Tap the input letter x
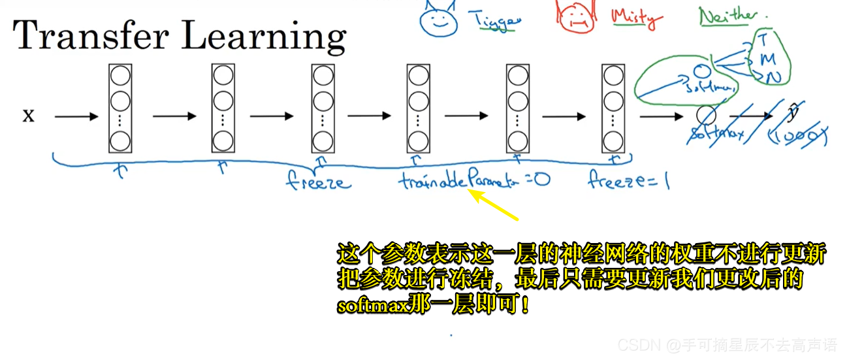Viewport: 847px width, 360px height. pyautogui.click(x=29, y=116)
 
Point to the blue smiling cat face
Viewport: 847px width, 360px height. pyautogui.click(x=436, y=20)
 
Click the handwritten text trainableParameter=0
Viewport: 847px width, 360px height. pyautogui.click(x=474, y=180)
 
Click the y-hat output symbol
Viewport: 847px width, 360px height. pyautogui.click(x=793, y=113)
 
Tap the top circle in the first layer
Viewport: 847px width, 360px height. pyautogui.click(x=120, y=75)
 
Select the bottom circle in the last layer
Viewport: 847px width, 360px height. pyautogui.click(x=612, y=140)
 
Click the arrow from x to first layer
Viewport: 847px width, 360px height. pyautogui.click(x=76, y=117)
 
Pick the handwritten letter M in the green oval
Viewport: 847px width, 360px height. pyautogui.click(x=768, y=59)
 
